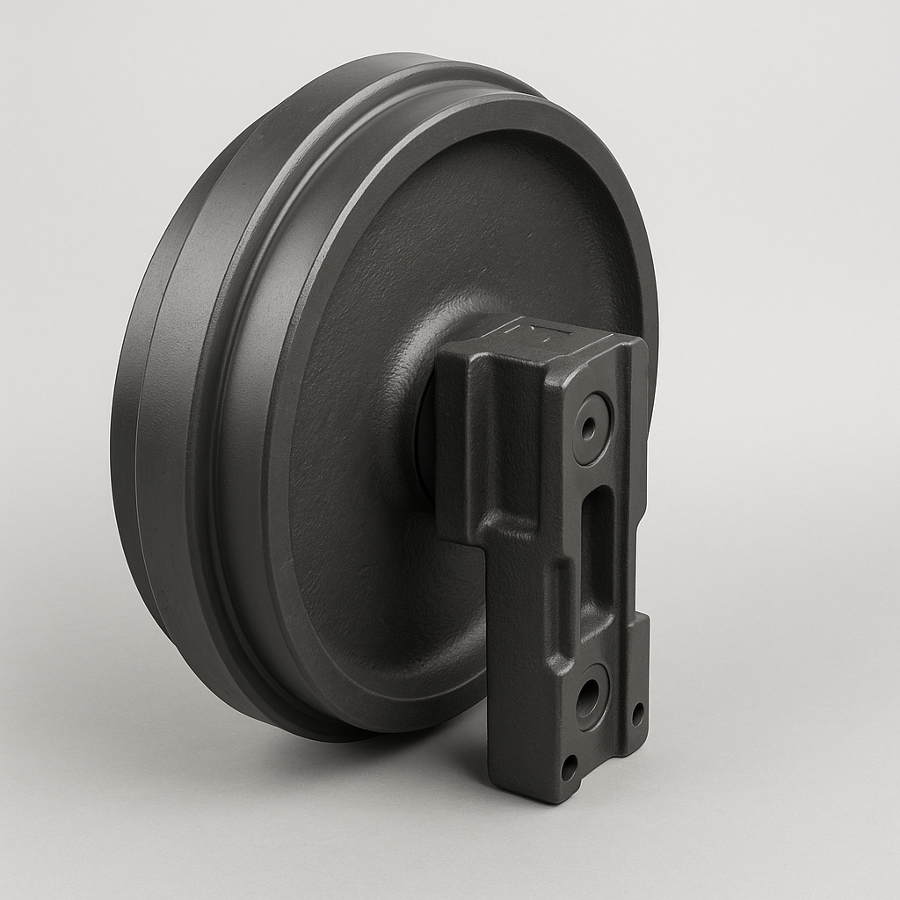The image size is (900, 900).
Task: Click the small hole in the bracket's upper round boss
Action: click(x=588, y=428)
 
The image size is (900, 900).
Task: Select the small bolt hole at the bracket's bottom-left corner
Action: click(x=570, y=766)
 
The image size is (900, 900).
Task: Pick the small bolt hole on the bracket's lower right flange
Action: click(x=637, y=713)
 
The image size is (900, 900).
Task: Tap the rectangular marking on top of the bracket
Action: click(x=535, y=333)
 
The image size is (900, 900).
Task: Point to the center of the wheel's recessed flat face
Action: click(x=439, y=352)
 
